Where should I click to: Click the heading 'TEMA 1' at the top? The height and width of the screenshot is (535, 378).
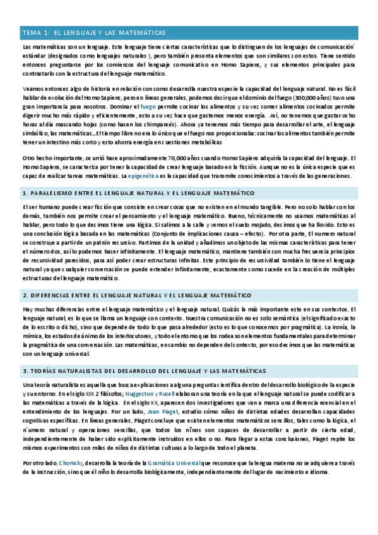(93, 32)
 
